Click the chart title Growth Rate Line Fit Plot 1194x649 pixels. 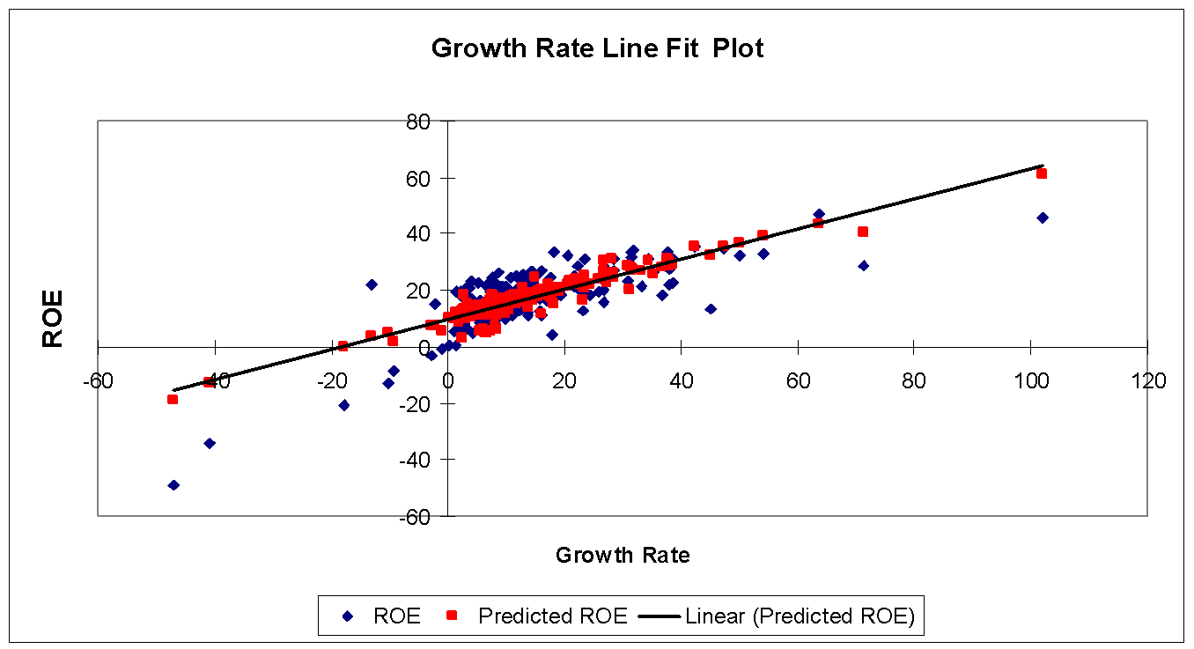click(597, 48)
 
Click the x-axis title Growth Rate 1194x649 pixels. click(623, 555)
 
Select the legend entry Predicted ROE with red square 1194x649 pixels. click(552, 616)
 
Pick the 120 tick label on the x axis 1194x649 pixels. click(1147, 381)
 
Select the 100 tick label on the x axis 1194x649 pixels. click(1031, 381)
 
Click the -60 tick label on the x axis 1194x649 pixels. click(97, 381)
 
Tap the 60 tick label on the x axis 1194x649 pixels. click(798, 381)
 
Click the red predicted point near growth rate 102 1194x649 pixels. click(1042, 173)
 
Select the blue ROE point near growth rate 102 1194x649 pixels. click(1043, 218)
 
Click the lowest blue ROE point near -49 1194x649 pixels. click(173, 485)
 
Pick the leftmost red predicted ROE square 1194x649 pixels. click(173, 399)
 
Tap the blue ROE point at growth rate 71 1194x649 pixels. click(864, 265)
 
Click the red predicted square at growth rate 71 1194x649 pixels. click(863, 232)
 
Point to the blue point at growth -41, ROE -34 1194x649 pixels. click(210, 443)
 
